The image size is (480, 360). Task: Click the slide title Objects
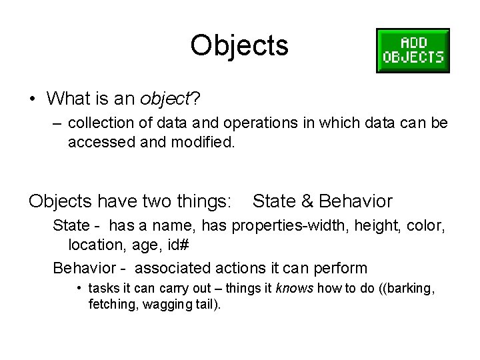pos(239,46)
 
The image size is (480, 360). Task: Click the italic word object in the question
pos(165,99)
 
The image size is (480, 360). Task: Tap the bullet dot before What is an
pos(32,99)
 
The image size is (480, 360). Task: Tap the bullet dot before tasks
pos(79,289)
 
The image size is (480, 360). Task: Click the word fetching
pos(112,305)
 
